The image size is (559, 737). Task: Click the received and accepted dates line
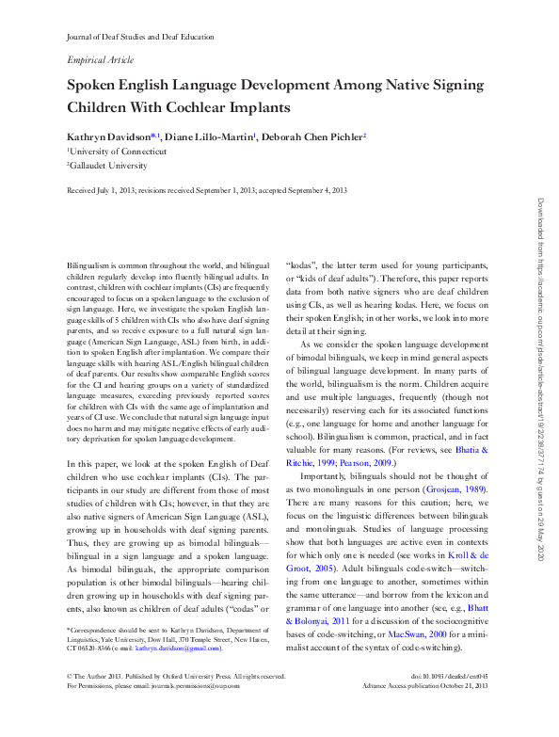(x=207, y=190)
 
